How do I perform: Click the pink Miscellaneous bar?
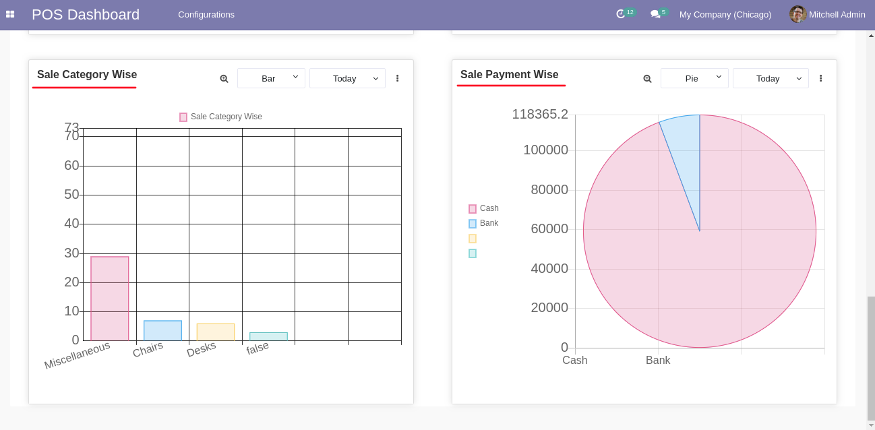tap(110, 298)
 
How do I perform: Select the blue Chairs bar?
tap(162, 330)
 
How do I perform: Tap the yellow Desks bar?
tap(216, 332)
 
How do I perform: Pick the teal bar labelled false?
tap(268, 336)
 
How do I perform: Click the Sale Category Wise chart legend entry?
tap(220, 117)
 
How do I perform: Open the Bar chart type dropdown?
tap(271, 78)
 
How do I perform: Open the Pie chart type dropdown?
tap(694, 78)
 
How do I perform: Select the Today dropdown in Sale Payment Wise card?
tap(771, 78)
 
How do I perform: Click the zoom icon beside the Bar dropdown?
tap(224, 79)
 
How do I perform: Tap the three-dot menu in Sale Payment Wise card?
tap(820, 78)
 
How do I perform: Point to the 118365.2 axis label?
tap(540, 114)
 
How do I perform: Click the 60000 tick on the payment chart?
tap(549, 228)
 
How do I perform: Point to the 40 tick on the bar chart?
tap(71, 223)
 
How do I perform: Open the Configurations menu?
tap(206, 14)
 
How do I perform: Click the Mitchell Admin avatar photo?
tap(797, 14)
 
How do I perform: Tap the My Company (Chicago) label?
tap(725, 14)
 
